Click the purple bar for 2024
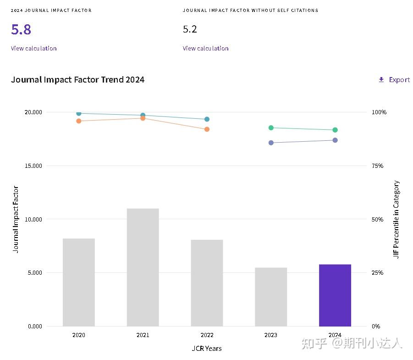tap(335, 295)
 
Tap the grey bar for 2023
tap(271, 297)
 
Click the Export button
tap(394, 80)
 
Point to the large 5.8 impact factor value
tap(21, 30)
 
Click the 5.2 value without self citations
tap(190, 29)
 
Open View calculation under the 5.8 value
tap(33, 48)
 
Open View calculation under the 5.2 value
tap(205, 48)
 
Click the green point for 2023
tap(271, 127)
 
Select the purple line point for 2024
tap(335, 140)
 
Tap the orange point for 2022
tap(207, 129)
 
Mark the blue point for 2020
tap(78, 113)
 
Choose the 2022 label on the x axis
tap(207, 335)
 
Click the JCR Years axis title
tap(207, 349)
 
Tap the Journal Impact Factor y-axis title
tap(16, 219)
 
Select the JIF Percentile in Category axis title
tap(396, 219)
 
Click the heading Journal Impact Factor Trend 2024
tap(77, 80)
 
